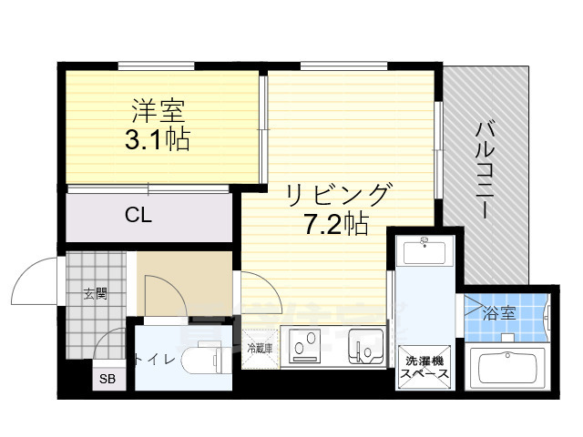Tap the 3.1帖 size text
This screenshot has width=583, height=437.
point(158,141)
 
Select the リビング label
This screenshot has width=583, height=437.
point(338,194)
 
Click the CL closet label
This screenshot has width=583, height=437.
point(138,216)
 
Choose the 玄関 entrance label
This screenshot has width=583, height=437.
point(96,293)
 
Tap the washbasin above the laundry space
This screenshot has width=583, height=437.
point(425,251)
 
